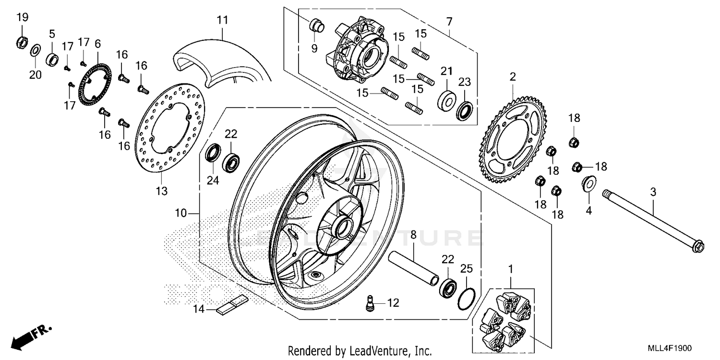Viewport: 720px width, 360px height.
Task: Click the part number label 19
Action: (x=22, y=18)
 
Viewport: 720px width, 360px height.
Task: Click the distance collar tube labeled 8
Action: (x=414, y=266)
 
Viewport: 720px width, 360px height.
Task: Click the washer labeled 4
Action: (x=588, y=183)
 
